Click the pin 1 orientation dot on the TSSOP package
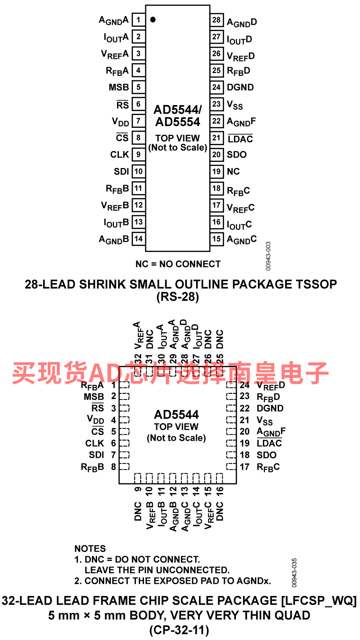click(x=153, y=20)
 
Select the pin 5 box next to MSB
click(x=138, y=87)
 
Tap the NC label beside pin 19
click(x=234, y=171)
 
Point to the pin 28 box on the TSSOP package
click(x=217, y=20)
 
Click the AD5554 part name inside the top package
click(x=178, y=122)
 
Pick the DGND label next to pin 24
click(x=240, y=87)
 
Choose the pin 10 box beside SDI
click(x=138, y=171)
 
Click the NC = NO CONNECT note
click(x=178, y=264)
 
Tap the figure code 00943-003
click(x=268, y=256)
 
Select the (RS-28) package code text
click(x=178, y=297)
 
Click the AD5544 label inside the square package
click(x=176, y=415)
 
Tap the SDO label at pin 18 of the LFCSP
click(x=267, y=455)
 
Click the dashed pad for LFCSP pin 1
click(x=124, y=385)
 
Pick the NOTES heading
click(x=90, y=549)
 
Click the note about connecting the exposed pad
click(x=172, y=581)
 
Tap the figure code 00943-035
click(x=294, y=573)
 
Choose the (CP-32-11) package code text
click(x=179, y=630)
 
